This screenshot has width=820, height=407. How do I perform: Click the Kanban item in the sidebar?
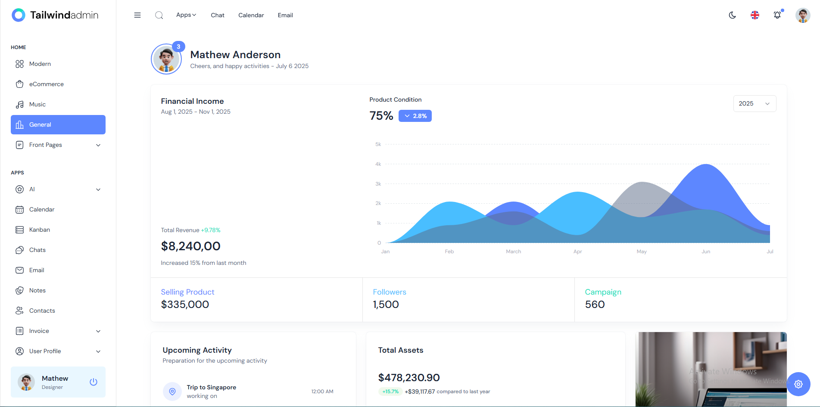pos(39,230)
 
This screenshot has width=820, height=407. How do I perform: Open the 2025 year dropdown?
pos(754,103)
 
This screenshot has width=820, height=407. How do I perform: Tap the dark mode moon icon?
pos(732,15)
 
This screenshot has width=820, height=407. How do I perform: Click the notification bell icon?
pos(777,15)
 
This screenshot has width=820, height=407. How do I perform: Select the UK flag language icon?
pos(755,15)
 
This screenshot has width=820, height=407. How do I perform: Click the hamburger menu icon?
pos(137,15)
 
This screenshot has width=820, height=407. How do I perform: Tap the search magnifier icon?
pos(159,15)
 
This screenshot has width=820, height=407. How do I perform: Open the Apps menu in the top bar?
pos(186,15)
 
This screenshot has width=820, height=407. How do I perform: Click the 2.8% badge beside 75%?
pos(415,116)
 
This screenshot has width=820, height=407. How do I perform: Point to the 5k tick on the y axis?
pos(378,144)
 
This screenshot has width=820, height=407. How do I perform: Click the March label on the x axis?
pos(513,252)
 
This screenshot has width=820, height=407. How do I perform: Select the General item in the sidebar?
pos(58,124)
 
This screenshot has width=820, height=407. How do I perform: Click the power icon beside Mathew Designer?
pos(93,382)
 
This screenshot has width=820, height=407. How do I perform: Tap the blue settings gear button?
pos(798,384)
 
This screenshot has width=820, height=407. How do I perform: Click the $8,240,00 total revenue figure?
pos(190,246)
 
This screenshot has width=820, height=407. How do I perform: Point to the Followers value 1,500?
pos(386,304)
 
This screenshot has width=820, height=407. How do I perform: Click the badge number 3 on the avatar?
pos(178,47)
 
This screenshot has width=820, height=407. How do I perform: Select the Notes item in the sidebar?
pos(37,290)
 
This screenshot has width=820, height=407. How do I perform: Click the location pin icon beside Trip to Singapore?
pos(172,391)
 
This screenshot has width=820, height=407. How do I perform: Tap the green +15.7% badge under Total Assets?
pos(390,391)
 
